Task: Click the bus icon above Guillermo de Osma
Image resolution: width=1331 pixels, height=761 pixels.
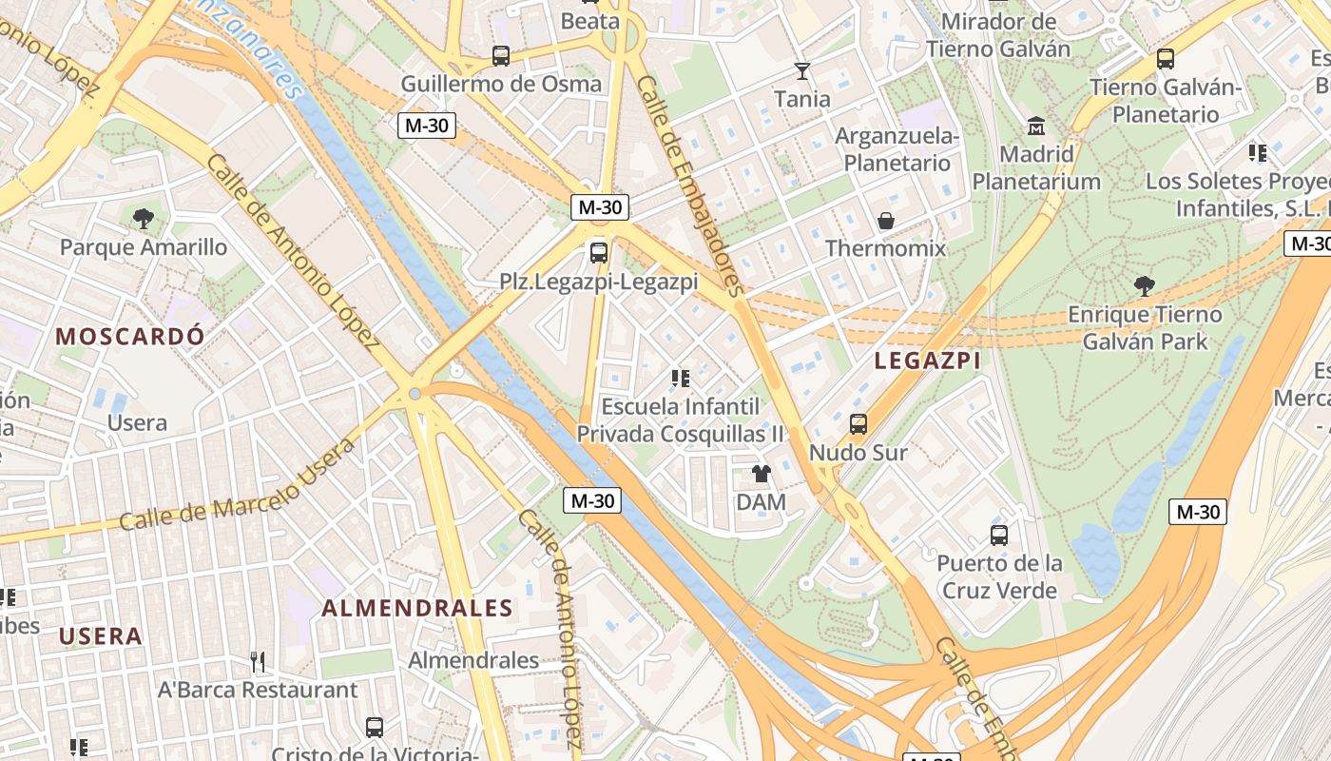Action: [x=501, y=55]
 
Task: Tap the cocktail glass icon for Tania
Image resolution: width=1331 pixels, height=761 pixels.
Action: [x=802, y=71]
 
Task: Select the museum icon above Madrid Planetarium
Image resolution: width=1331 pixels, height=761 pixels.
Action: [x=1036, y=126]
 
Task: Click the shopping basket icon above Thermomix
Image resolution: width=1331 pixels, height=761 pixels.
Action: [x=886, y=221]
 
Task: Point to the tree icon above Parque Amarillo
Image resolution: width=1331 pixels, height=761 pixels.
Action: [x=144, y=219]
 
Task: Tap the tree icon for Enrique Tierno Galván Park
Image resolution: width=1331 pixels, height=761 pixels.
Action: [x=1145, y=285]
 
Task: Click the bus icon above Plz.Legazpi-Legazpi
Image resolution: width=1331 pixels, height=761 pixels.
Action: [x=599, y=253]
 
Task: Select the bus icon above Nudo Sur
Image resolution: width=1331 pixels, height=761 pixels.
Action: [x=858, y=424]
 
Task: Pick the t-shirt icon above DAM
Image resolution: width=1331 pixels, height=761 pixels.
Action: [x=762, y=474]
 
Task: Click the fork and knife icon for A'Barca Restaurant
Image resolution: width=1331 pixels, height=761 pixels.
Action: [x=257, y=661]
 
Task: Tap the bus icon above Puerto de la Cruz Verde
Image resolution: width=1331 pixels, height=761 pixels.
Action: [x=998, y=535]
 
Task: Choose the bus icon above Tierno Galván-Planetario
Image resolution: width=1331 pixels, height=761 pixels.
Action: [x=1166, y=59]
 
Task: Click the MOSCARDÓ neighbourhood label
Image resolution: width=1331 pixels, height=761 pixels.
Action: [x=129, y=336]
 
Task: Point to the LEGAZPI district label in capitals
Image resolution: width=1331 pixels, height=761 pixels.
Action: [x=927, y=361]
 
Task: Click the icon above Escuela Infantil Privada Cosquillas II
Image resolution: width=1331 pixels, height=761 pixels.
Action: [x=681, y=379]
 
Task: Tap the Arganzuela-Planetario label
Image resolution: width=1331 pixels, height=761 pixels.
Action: [x=897, y=149]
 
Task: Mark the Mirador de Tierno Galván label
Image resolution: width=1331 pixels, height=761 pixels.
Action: [x=998, y=35]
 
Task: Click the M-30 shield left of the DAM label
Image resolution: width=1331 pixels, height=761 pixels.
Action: [x=591, y=500]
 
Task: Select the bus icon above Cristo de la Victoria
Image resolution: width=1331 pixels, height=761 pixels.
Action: [x=375, y=728]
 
